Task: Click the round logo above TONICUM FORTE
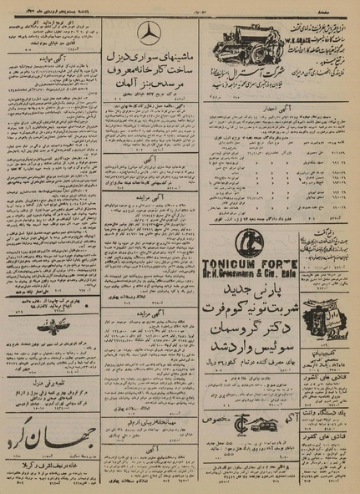point(248,243)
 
